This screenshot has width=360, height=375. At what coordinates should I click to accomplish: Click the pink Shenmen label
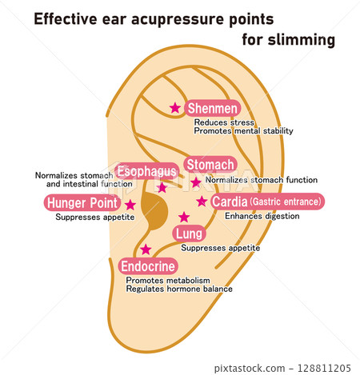(213, 109)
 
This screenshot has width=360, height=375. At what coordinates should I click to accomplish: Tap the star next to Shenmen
(175, 108)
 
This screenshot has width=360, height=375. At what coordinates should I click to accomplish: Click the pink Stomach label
(210, 165)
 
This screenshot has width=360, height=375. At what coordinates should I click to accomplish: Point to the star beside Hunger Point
(130, 205)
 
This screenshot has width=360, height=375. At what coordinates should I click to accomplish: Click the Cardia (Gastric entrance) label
(266, 202)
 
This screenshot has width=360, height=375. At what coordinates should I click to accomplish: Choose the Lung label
(189, 233)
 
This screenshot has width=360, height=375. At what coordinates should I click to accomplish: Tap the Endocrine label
(148, 266)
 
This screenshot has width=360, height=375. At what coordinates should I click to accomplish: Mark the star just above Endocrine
(146, 249)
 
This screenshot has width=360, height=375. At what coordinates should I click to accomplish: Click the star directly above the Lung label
(184, 217)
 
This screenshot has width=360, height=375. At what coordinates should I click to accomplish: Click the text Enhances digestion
(262, 216)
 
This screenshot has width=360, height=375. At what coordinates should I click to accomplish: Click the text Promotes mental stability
(243, 131)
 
